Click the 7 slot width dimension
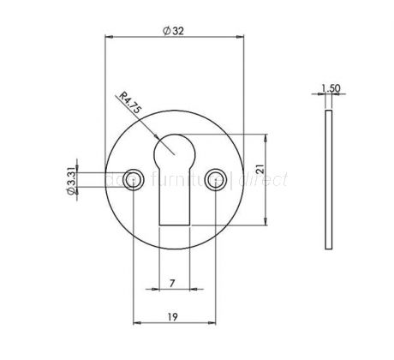(173, 282)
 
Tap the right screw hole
(214, 179)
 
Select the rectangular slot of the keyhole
(173, 197)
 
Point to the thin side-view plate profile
(328, 180)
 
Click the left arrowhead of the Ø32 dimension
(108, 39)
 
